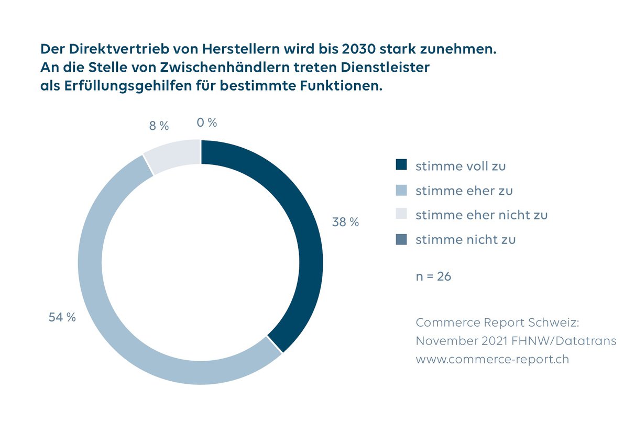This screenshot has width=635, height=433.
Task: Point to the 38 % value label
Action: pyautogui.click(x=345, y=222)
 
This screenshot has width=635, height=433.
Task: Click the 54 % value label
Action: pyautogui.click(x=62, y=317)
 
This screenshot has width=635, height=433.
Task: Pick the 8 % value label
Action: pyautogui.click(x=159, y=126)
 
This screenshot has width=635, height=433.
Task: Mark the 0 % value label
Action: pyautogui.click(x=207, y=123)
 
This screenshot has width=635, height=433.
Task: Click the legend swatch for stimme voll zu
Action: pyautogui.click(x=401, y=165)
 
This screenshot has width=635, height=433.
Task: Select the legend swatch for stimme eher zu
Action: pyautogui.click(x=401, y=190)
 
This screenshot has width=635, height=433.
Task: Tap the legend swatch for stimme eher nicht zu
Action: pyautogui.click(x=401, y=215)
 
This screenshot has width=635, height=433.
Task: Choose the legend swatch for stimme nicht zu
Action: pyautogui.click(x=401, y=239)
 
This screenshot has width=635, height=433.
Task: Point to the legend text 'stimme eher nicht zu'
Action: pyautogui.click(x=481, y=215)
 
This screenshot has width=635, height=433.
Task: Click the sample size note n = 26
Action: pyautogui.click(x=433, y=276)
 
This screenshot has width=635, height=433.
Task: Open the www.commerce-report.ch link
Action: pyautogui.click(x=492, y=360)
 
